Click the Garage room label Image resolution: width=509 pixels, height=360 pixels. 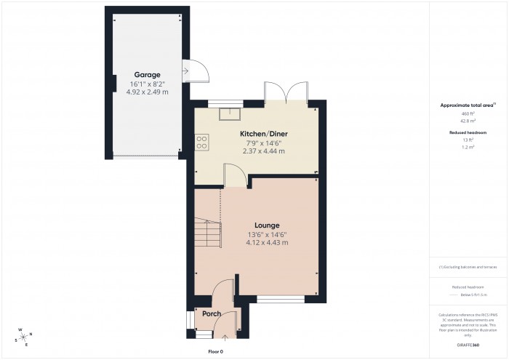[146, 75]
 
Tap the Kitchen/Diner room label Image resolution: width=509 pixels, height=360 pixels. [262, 135]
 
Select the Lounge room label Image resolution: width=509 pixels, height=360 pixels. [267, 225]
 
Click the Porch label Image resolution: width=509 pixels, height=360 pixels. [212, 313]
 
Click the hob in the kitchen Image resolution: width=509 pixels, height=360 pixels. [201, 142]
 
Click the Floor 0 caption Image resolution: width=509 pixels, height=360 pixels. [215, 351]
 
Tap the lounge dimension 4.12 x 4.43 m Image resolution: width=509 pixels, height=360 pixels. [267, 242]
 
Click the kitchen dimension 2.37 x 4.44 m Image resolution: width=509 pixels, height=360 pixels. [262, 151]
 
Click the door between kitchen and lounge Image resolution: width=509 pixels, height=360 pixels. [235, 176]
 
